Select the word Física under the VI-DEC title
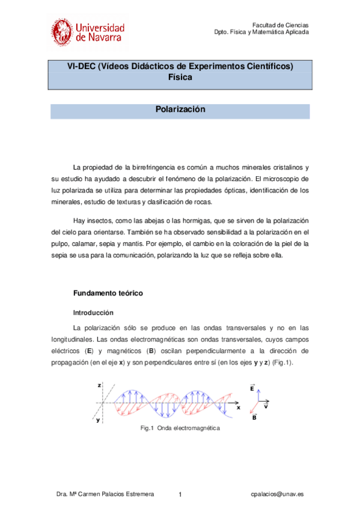(180, 78)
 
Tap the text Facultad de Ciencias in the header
(280, 25)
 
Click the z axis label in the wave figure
(99, 384)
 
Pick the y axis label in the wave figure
(98, 420)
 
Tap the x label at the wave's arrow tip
(238, 407)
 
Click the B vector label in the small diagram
(255, 417)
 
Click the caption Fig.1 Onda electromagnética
(180, 428)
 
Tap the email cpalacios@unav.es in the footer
(277, 493)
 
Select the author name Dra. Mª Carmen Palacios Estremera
(105, 493)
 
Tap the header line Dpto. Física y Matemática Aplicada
(261, 32)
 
